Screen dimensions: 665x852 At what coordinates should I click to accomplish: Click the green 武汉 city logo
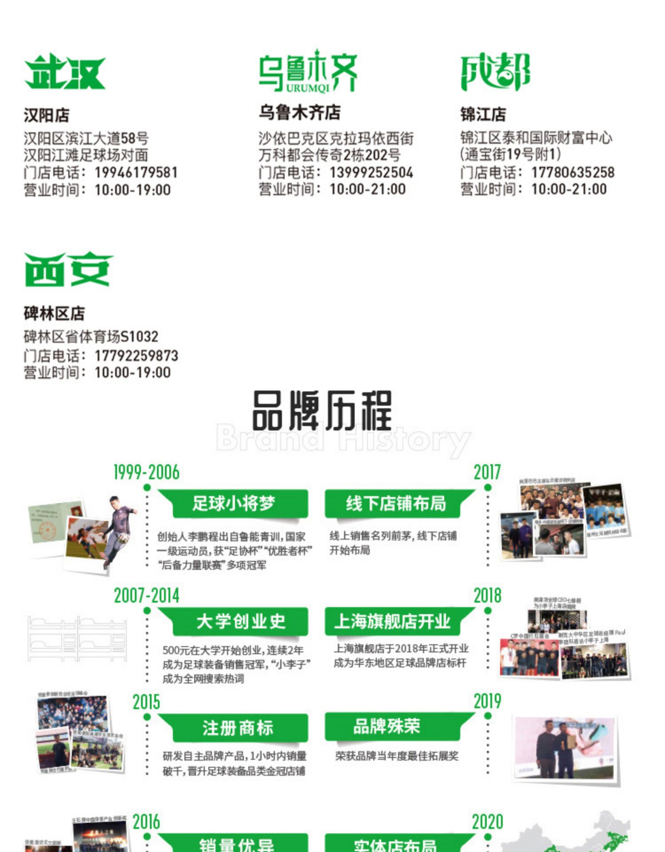tap(65, 72)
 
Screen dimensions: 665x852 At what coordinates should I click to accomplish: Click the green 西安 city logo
tap(68, 269)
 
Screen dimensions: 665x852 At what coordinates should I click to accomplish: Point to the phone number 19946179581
tap(136, 172)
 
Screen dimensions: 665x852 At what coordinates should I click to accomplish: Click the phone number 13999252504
tap(371, 172)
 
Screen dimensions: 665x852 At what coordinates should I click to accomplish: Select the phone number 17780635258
tap(573, 172)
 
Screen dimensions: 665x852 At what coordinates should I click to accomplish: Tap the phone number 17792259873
tap(136, 355)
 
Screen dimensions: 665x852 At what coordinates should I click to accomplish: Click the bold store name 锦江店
tap(483, 114)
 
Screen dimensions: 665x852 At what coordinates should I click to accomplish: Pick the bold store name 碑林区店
tap(54, 314)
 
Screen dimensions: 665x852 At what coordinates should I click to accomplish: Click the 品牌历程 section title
tap(322, 410)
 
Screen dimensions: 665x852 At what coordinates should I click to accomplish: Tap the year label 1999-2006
tap(146, 473)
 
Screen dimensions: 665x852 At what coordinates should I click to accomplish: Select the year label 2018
tap(487, 596)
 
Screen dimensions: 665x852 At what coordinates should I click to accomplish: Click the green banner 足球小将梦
tap(234, 504)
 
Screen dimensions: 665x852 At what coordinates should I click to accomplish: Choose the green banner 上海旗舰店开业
tap(392, 621)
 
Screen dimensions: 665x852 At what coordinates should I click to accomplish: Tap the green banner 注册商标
tap(238, 728)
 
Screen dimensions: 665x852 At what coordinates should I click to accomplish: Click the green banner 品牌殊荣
tap(386, 726)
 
